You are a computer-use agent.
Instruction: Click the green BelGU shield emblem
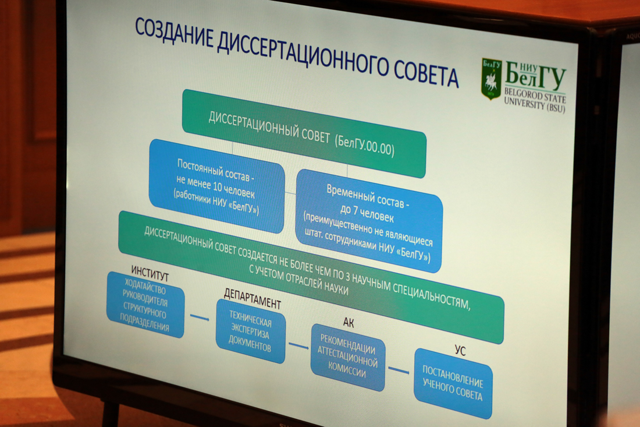492,79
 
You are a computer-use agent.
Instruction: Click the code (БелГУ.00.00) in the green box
365,144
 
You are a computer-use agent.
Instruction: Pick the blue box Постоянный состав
217,186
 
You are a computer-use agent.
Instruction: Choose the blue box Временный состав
369,221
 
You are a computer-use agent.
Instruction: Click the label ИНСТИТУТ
150,273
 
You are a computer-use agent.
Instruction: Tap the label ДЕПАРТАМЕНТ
253,299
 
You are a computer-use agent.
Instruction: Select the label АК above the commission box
348,322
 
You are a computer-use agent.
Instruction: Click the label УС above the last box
460,351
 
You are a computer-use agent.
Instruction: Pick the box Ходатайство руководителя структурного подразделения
145,305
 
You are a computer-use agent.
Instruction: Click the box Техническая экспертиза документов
250,331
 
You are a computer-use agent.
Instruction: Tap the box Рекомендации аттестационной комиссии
348,357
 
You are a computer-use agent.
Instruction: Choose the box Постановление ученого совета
453,383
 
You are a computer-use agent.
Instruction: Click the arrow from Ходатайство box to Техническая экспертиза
200,317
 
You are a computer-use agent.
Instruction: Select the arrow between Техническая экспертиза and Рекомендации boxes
298,345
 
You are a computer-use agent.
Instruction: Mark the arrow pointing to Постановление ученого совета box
399,370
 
